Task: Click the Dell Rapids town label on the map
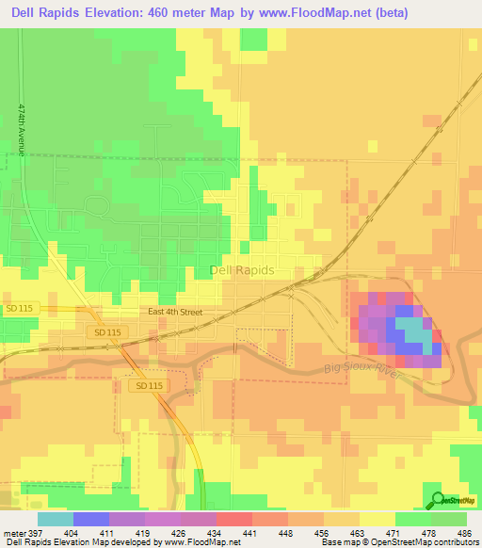(x=241, y=270)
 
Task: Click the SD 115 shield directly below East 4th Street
(x=108, y=333)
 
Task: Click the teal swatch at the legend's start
(x=55, y=518)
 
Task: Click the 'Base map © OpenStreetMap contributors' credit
(x=399, y=541)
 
